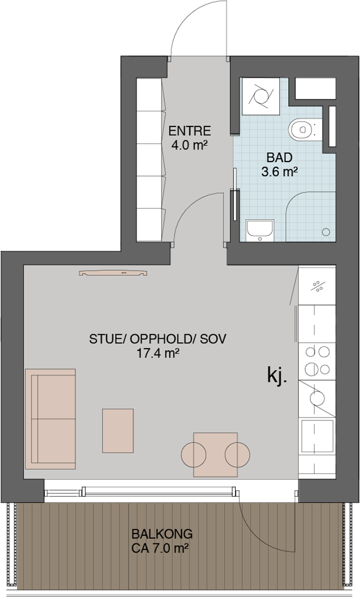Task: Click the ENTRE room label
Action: (189, 131)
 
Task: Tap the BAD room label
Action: (279, 157)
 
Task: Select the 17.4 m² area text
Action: (158, 353)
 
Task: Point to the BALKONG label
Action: (162, 534)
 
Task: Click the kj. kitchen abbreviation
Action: (276, 375)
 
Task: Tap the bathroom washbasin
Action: (260, 230)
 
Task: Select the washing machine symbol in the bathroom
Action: (261, 96)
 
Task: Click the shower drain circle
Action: (326, 231)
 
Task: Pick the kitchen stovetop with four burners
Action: (317, 361)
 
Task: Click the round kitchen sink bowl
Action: (317, 398)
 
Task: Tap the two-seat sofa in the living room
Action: (50, 419)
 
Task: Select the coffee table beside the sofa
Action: (118, 431)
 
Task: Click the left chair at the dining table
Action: (194, 455)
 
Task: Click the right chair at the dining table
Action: (237, 455)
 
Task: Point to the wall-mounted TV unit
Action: (113, 273)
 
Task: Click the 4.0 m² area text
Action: (189, 145)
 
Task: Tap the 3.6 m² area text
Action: (279, 172)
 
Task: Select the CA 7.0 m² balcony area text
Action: (160, 549)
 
